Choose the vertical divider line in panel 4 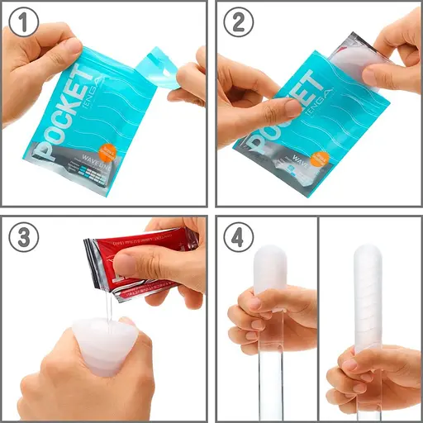coord(318,318)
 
